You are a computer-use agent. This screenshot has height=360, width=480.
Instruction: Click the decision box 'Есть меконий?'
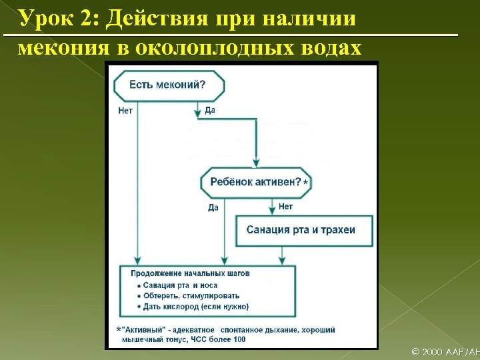point(169,85)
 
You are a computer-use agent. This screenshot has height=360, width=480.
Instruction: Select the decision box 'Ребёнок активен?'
point(256,182)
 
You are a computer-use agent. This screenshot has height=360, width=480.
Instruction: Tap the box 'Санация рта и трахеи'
point(301,230)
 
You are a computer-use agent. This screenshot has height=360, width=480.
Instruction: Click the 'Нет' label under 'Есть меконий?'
point(125,111)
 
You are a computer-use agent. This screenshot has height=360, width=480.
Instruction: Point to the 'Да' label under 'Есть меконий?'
point(210,110)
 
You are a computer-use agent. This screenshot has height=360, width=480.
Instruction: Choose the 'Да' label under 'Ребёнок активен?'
point(213,207)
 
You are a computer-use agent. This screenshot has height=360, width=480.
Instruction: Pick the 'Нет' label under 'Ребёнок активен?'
point(285,207)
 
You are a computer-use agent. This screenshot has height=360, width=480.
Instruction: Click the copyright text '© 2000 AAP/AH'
point(445,351)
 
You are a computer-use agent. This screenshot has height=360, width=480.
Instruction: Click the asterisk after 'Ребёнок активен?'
point(305,182)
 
